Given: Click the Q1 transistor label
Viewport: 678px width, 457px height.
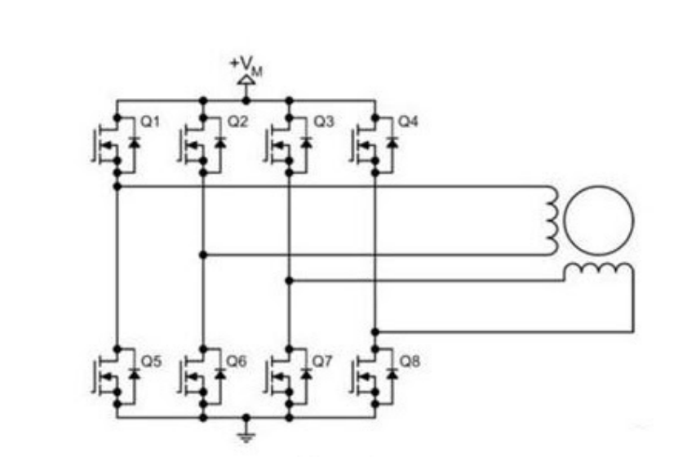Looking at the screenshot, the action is click(150, 122).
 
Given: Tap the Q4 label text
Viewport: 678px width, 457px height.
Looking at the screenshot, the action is click(408, 122).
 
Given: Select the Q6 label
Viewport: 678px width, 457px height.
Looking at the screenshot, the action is click(237, 361).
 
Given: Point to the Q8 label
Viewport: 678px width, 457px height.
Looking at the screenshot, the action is click(410, 361).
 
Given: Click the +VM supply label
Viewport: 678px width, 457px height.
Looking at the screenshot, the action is click(246, 66).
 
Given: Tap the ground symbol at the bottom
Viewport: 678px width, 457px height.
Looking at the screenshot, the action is click(246, 437).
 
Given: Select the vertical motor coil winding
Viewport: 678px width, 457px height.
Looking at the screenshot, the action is click(552, 220).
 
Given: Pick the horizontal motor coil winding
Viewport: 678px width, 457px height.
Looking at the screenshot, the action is click(599, 269).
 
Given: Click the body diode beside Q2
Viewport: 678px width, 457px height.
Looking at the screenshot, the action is click(220, 142).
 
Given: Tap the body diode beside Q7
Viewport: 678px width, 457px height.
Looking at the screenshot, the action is click(307, 374).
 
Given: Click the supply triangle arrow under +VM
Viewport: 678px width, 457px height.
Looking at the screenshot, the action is click(246, 80).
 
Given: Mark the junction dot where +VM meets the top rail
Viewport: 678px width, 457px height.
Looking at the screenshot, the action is click(246, 100).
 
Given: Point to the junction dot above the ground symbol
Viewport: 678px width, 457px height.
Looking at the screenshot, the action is click(246, 418).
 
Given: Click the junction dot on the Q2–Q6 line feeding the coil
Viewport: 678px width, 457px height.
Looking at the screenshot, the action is click(203, 255).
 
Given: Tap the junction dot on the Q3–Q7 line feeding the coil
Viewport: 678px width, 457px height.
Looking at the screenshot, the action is click(290, 281).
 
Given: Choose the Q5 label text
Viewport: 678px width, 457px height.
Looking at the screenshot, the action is click(151, 361).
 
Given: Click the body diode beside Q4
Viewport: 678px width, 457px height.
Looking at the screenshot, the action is click(392, 142).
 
